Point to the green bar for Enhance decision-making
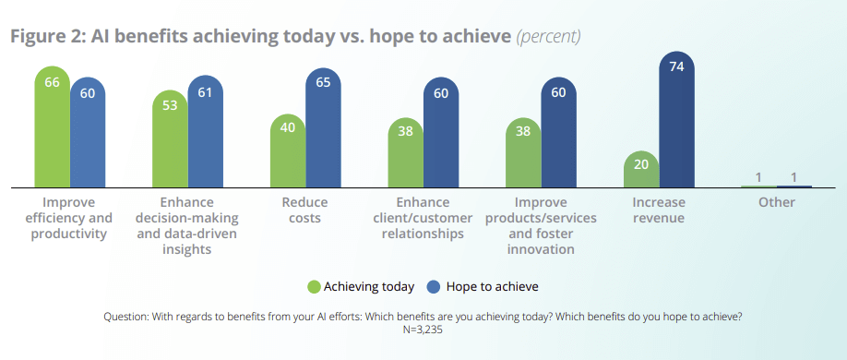coord(170,138)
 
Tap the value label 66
coord(53,82)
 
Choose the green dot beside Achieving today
coord(315,286)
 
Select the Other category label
coord(776,202)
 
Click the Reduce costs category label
coord(304,210)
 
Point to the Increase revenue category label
coord(659,210)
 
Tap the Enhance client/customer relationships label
coord(423,218)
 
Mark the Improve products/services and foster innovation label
coord(541,225)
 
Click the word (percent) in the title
coord(548,37)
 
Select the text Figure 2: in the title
coord(47,37)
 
